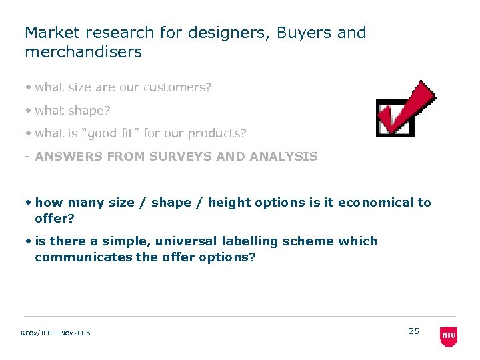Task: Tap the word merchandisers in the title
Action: pyautogui.click(x=83, y=52)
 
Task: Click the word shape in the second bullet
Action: pyautogui.click(x=89, y=110)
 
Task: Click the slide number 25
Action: pyautogui.click(x=414, y=331)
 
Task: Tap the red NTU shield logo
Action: pyautogui.click(x=449, y=336)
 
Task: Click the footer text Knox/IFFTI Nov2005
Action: pyautogui.click(x=56, y=333)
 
